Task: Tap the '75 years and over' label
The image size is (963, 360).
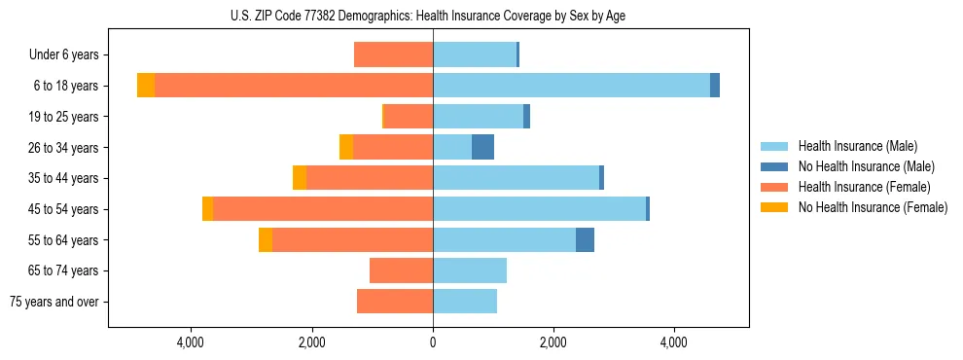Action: click(54, 302)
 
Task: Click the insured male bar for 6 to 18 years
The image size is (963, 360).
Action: click(571, 86)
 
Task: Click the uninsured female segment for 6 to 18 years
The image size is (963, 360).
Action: click(146, 86)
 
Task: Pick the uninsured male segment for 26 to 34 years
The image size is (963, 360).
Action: click(482, 147)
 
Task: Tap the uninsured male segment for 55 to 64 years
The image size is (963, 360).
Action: click(585, 240)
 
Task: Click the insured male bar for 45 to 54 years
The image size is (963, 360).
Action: click(539, 209)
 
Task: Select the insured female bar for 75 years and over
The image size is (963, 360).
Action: click(395, 302)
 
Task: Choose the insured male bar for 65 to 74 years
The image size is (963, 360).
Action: click(470, 270)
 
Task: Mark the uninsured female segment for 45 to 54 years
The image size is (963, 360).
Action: click(207, 209)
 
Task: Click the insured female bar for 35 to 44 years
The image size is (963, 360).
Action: click(370, 178)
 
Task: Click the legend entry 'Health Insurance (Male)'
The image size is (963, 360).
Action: click(857, 146)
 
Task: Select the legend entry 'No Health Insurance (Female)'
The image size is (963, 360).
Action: click(873, 207)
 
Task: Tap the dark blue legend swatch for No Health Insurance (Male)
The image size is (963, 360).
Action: click(774, 166)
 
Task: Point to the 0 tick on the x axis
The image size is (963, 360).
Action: click(433, 342)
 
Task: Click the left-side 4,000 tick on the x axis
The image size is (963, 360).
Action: click(191, 342)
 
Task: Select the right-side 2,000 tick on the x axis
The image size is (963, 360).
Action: click(553, 342)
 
